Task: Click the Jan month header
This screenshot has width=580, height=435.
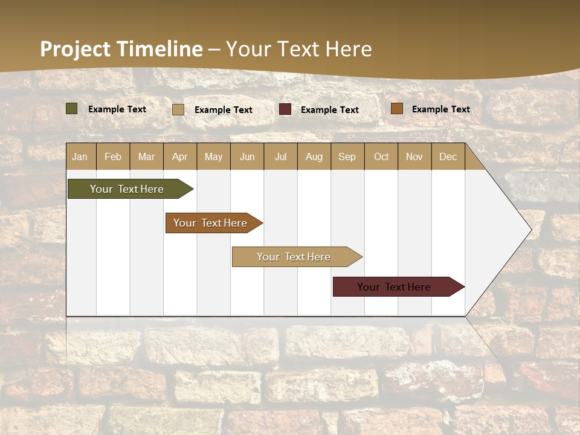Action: coord(80,156)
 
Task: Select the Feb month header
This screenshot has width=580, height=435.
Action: coord(113,156)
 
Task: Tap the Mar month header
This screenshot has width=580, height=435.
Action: coord(146,156)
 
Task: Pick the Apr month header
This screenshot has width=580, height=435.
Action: coord(179,156)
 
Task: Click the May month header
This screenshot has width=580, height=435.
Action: coord(213,156)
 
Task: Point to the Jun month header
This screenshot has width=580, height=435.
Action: coord(247,156)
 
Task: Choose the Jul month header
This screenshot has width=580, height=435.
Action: coord(280,156)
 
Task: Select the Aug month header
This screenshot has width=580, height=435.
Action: coord(314,156)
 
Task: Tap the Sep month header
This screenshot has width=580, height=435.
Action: coord(347,156)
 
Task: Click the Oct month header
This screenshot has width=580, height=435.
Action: coord(381,156)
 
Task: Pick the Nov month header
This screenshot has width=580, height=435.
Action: coord(414,156)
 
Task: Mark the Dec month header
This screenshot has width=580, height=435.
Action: coord(448,156)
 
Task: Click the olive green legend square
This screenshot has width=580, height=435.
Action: coord(72,109)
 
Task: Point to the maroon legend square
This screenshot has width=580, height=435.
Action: coord(285,109)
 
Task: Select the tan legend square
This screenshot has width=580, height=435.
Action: coord(178,109)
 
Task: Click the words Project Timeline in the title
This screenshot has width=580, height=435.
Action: coord(121,49)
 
